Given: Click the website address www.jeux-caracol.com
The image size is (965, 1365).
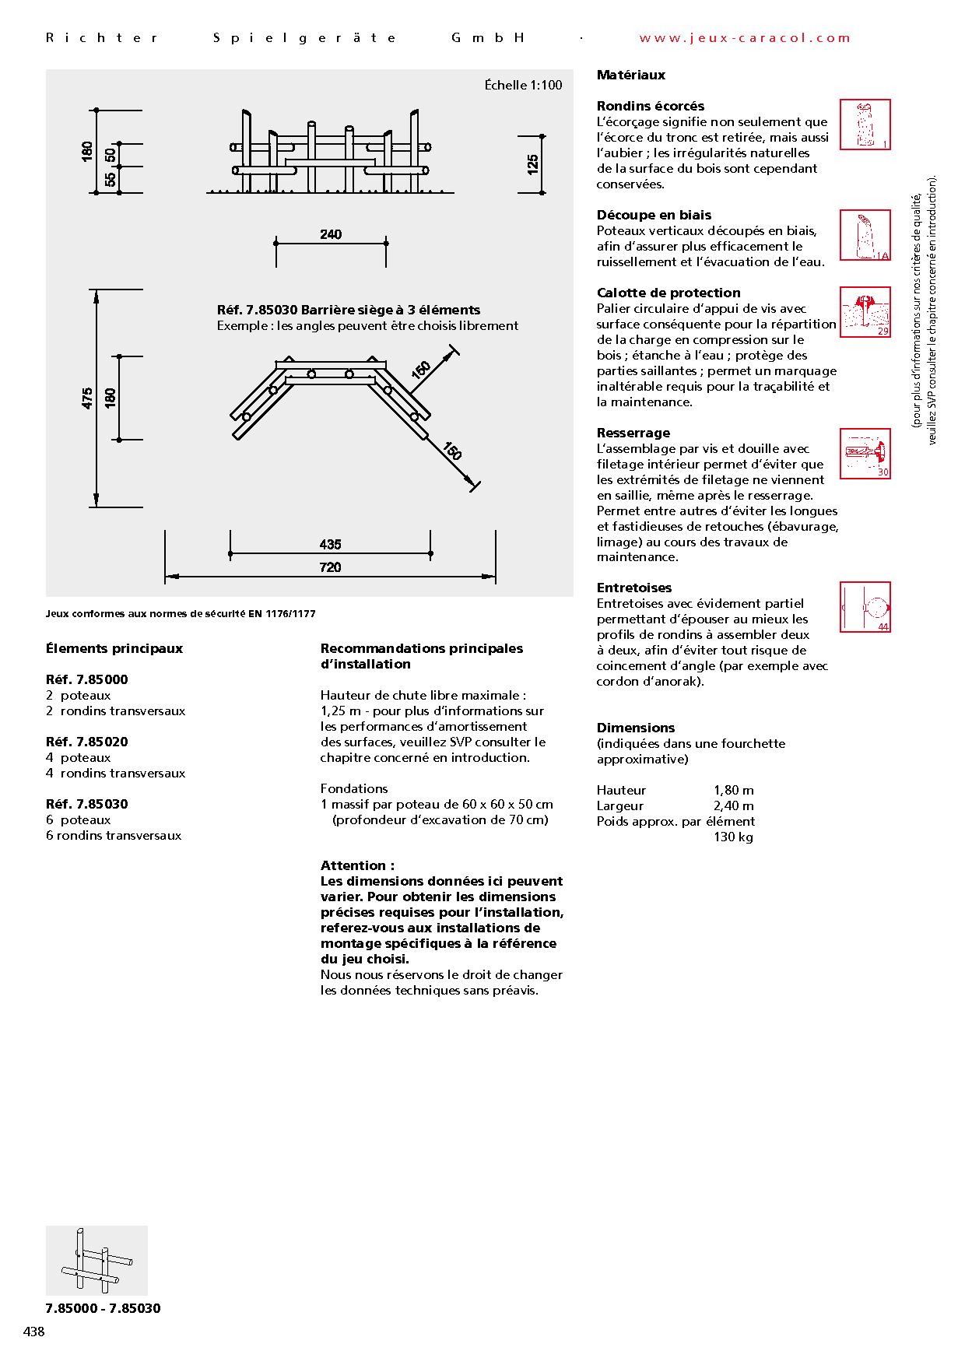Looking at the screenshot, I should coord(745,37).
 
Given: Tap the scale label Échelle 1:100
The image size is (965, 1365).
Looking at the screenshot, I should coord(523,86).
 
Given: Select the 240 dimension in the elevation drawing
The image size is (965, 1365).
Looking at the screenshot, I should coord(331,234).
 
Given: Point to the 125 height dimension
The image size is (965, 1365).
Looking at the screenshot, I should coord(533,164).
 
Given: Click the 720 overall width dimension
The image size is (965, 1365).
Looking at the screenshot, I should coord(330,567).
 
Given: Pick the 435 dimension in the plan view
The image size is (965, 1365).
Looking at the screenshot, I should coord(330,545).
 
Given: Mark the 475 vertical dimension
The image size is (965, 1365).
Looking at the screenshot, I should coord(87,398).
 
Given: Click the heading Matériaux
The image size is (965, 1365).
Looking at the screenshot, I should coord(631,75).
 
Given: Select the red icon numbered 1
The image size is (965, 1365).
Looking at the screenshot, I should coord(865,125).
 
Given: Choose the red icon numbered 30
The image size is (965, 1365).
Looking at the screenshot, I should coord(865,453).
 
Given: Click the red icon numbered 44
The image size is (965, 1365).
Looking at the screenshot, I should coord(865,607).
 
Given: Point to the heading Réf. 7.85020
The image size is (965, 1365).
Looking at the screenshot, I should coord(87,742).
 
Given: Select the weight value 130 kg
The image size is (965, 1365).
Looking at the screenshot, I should coord(733,837).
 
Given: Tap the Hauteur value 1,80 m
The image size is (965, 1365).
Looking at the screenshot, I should coord(733,791).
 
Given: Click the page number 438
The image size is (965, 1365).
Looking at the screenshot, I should coord(34,1332).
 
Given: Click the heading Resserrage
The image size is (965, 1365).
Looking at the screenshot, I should coord(633,433).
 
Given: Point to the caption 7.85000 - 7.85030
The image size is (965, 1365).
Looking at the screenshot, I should coord(104,1308).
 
